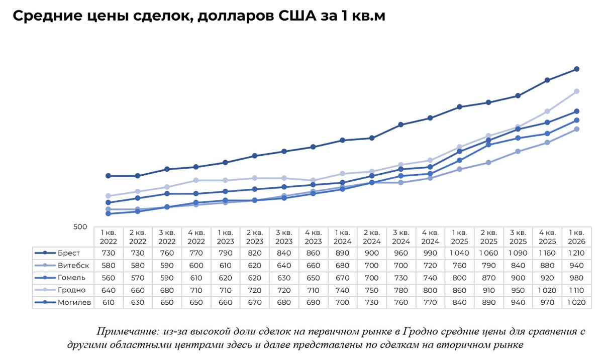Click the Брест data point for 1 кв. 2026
[x=577, y=69]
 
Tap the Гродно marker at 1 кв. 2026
[x=577, y=91]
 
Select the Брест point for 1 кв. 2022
[x=108, y=176]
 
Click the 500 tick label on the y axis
[x=80, y=227]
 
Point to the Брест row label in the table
[x=68, y=253]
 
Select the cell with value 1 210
[x=577, y=253]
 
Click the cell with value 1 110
[x=577, y=290]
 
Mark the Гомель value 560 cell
[x=108, y=278]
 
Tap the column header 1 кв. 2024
[x=342, y=237]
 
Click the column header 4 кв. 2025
[x=547, y=237]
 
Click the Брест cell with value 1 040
[x=459, y=253]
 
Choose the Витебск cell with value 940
[x=577, y=265]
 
